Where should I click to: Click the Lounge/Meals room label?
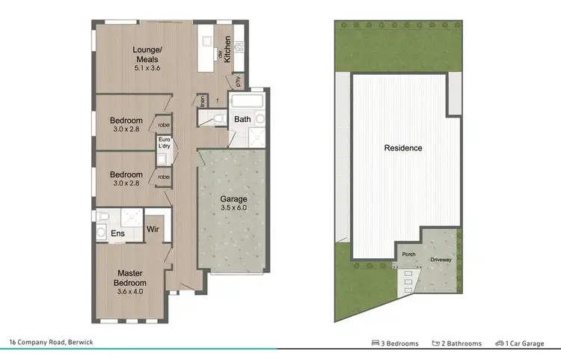(147, 55)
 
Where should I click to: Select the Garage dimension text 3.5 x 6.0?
(233, 209)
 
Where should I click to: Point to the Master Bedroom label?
(130, 278)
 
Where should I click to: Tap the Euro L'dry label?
(164, 144)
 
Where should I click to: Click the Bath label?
(242, 119)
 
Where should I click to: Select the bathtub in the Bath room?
(247, 102)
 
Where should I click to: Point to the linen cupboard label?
(203, 101)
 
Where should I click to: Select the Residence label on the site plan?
(403, 148)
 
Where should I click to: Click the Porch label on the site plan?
(409, 254)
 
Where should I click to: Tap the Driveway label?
(441, 260)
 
